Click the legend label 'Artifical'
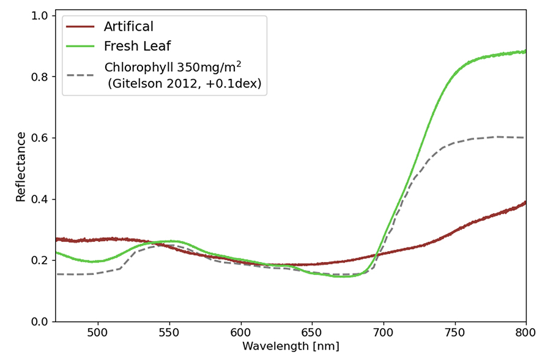pyautogui.click(x=128, y=26)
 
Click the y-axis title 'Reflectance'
pyautogui.click(x=21, y=167)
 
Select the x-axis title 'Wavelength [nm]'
pyautogui.click(x=291, y=347)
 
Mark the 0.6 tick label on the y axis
pyautogui.click(x=40, y=138)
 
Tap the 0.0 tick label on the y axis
pyautogui.click(x=40, y=321)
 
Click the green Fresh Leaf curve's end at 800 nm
pyautogui.click(x=525, y=51)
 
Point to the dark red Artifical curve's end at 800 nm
pyautogui.click(x=525, y=203)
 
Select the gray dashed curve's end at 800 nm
pyautogui.click(x=524, y=137)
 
